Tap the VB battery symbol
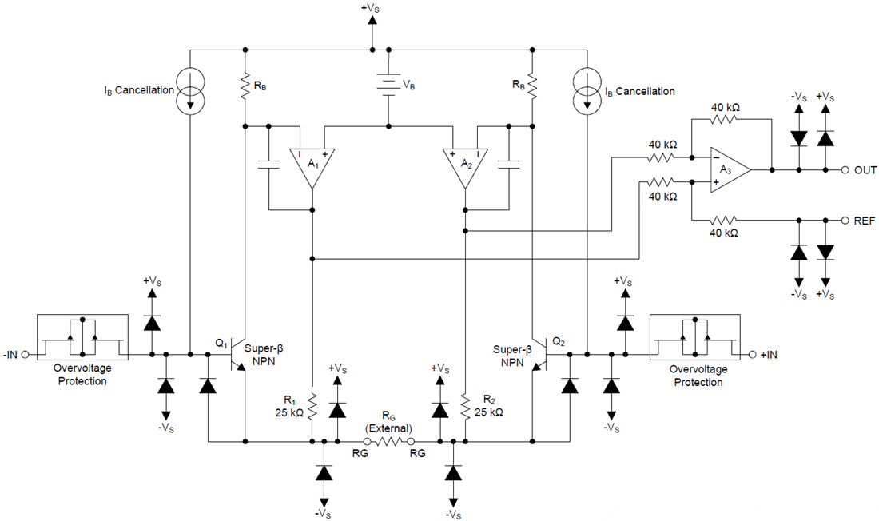(x=388, y=83)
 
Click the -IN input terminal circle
(x=25, y=354)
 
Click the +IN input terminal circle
(x=752, y=354)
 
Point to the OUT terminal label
(x=865, y=170)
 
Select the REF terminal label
(x=865, y=219)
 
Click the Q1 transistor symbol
(x=237, y=354)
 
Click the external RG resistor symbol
(x=388, y=440)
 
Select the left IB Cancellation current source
(x=191, y=90)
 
